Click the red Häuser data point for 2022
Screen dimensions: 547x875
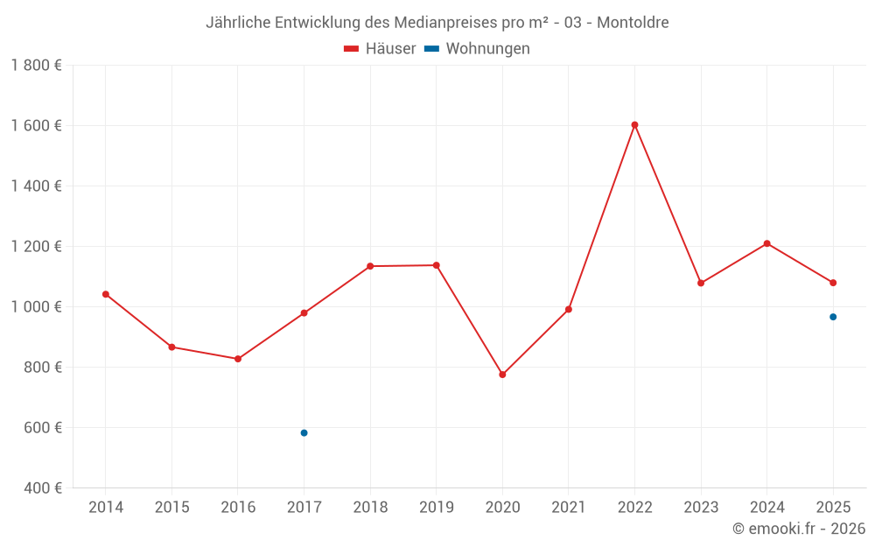click(634, 125)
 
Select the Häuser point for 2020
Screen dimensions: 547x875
click(502, 375)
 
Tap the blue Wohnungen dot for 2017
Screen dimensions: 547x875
click(304, 433)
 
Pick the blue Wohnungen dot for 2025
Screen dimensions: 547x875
click(833, 317)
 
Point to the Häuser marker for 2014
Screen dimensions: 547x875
click(106, 294)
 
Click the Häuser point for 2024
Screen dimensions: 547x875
click(766, 243)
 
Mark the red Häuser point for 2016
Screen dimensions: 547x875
click(238, 359)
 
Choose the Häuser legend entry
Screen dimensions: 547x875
click(381, 49)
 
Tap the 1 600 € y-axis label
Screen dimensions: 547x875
click(37, 125)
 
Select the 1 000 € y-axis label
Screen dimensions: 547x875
click(37, 306)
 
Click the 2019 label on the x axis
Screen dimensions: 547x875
click(436, 508)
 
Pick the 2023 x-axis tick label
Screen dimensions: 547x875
click(701, 508)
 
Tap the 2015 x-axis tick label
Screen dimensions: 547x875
click(171, 508)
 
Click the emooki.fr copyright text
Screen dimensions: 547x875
click(799, 529)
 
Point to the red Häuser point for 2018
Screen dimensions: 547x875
click(370, 266)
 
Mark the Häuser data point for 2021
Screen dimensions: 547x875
click(569, 310)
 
